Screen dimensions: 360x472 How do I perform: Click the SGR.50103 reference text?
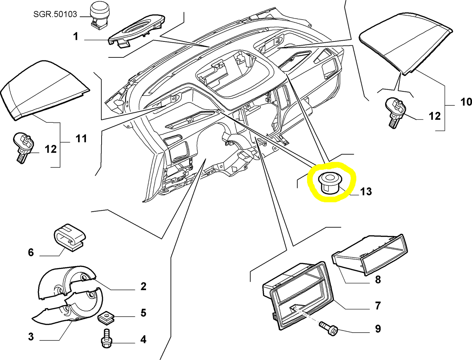point(55,14)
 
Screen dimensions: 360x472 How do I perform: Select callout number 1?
point(76,36)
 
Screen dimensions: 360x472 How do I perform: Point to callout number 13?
point(366,191)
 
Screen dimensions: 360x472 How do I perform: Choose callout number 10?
point(466,102)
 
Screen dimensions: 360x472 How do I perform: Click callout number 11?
point(81,139)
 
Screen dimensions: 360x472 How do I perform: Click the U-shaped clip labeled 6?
point(69,236)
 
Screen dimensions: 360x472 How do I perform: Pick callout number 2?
point(143,287)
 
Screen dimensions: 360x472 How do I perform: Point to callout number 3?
point(31,337)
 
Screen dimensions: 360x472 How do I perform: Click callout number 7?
point(378,306)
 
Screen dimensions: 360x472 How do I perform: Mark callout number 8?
point(378,279)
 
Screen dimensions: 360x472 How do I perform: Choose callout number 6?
point(31,252)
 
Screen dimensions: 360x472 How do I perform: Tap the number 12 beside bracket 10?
point(434,116)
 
